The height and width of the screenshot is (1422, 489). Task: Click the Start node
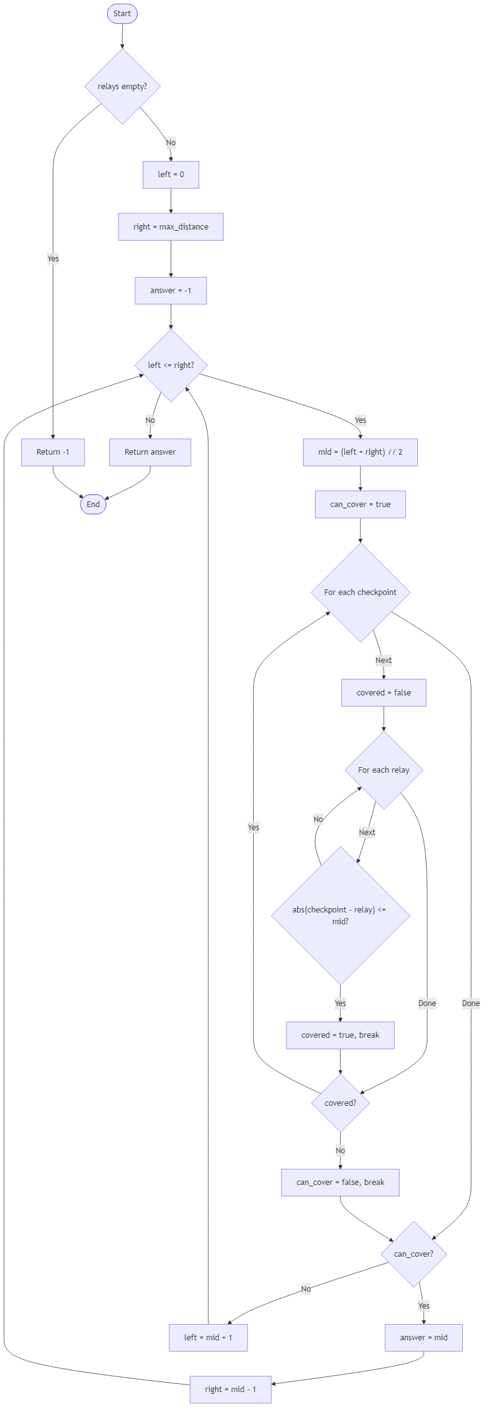pos(122,14)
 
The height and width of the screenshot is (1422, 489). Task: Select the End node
pos(93,505)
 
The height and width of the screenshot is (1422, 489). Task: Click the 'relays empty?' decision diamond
pos(122,87)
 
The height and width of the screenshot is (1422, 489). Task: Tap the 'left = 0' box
pos(171,175)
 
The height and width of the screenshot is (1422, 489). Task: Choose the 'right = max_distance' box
pos(171,227)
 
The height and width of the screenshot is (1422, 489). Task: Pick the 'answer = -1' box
pos(171,291)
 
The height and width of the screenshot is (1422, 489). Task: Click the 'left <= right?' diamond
pos(171,365)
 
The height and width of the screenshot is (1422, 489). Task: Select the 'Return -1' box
pos(53,452)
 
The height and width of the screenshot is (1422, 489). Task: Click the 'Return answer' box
pos(150,452)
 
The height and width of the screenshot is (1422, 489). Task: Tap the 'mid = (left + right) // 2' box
pos(360,452)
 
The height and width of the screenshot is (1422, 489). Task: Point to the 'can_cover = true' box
pos(360,505)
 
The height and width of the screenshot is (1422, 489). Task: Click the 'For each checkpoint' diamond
pos(360,592)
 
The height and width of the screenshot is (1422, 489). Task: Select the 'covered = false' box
pos(384,693)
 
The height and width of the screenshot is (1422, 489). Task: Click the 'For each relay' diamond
pos(384,770)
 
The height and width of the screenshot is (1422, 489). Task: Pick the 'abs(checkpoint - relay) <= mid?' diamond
pos(340,915)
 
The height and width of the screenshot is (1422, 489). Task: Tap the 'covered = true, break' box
pos(340,1035)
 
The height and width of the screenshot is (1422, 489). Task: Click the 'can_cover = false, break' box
pos(340,1183)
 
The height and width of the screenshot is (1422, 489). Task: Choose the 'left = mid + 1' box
pos(208,1337)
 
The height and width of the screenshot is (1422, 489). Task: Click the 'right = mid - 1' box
pos(230,1390)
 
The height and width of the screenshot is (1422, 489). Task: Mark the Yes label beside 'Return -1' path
pos(53,259)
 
